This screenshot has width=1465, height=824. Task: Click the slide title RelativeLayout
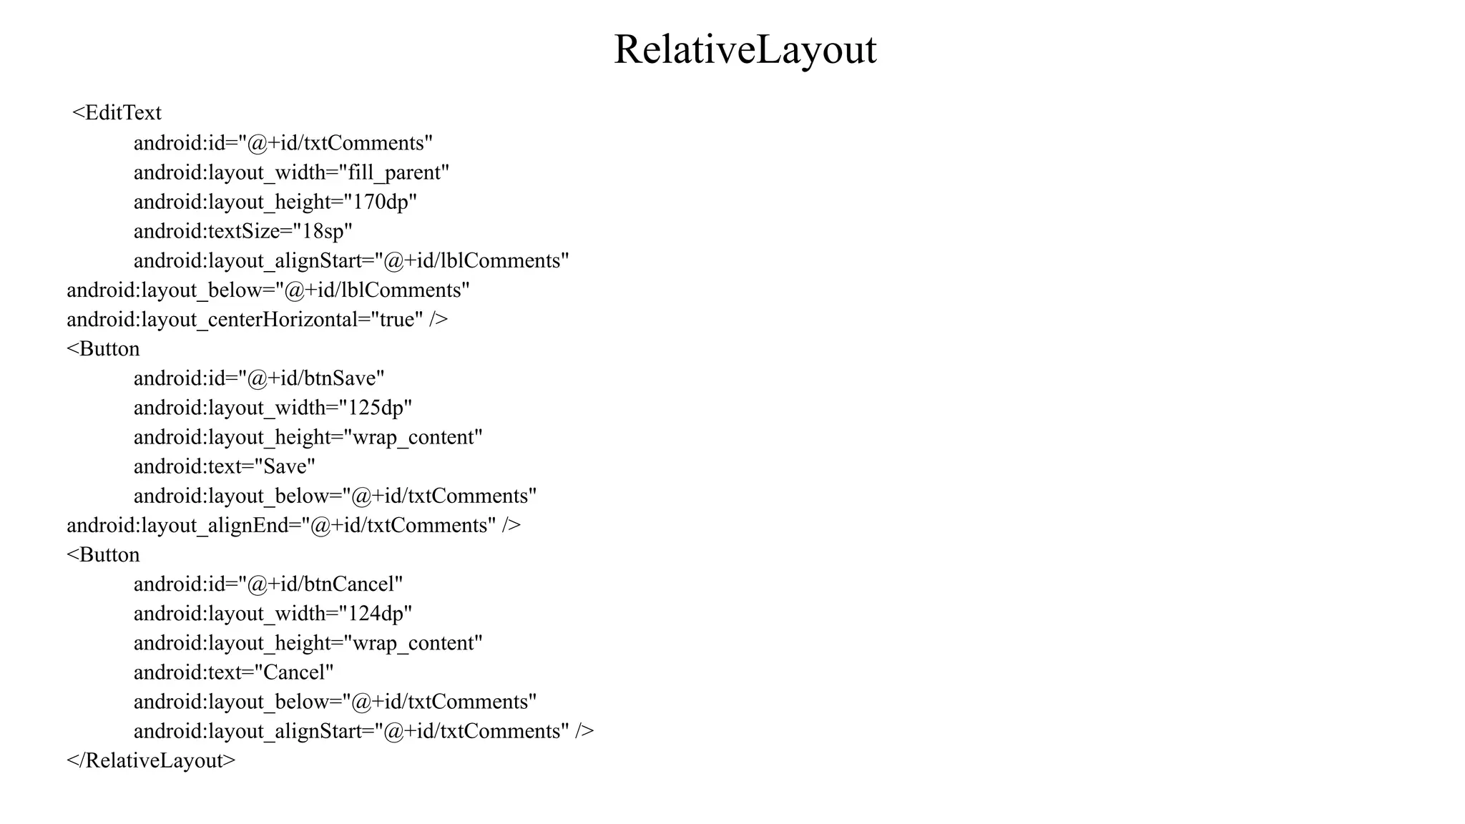click(x=745, y=49)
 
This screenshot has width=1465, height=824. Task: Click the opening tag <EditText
click(x=117, y=113)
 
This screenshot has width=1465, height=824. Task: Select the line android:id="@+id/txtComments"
click(x=283, y=143)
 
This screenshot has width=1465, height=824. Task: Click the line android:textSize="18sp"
click(x=243, y=231)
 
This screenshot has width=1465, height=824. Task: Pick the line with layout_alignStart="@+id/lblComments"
click(x=351, y=260)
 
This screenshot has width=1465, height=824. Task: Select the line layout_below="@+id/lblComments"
click(x=268, y=290)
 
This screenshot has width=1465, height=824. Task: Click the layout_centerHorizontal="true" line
click(x=258, y=319)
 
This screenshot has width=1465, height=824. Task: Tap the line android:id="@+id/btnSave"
click(x=259, y=378)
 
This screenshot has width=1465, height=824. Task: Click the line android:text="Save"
click(x=225, y=466)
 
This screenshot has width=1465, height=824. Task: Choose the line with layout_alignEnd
click(x=293, y=525)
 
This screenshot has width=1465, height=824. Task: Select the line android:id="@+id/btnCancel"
click(x=268, y=584)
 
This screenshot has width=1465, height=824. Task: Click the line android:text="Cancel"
click(x=234, y=672)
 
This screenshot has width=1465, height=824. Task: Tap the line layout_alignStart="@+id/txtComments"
click(x=363, y=731)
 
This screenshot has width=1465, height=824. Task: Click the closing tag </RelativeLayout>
click(x=151, y=760)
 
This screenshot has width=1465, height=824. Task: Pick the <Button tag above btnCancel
click(x=103, y=554)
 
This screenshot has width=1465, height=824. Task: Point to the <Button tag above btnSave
click(x=103, y=348)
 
